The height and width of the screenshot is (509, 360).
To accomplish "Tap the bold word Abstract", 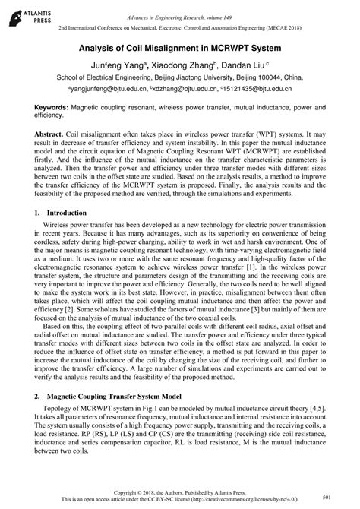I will [50, 132].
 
